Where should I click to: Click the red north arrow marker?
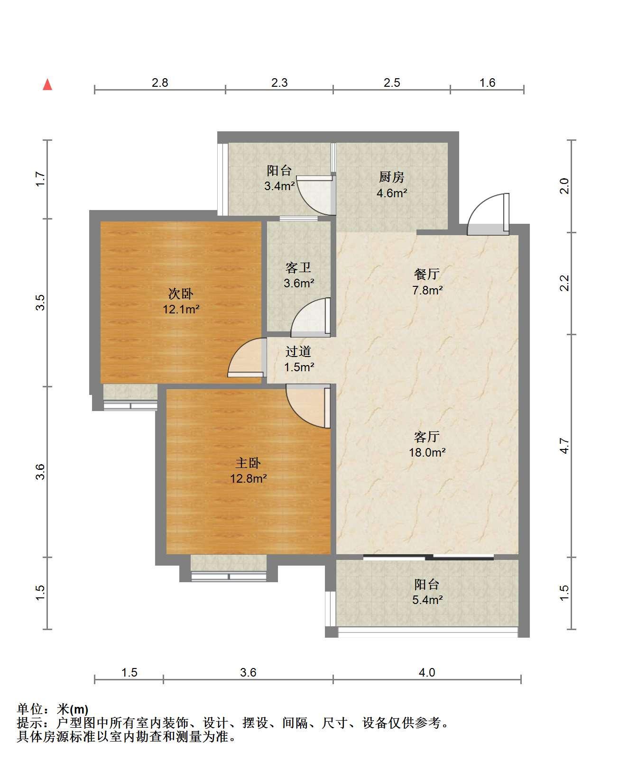(x=47, y=85)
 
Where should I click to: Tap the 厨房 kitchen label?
(x=392, y=177)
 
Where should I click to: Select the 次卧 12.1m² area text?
(x=181, y=309)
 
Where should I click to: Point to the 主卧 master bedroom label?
(x=248, y=463)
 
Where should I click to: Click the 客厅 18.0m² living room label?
(x=427, y=445)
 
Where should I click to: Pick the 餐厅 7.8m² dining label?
(x=427, y=282)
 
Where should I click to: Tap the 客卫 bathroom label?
(x=298, y=268)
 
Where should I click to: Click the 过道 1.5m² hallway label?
(x=299, y=359)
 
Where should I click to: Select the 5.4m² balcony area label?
(x=427, y=600)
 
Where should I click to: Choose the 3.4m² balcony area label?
(x=279, y=186)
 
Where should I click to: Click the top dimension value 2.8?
(x=160, y=83)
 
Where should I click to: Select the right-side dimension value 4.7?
(x=564, y=446)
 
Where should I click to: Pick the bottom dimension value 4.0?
(x=426, y=673)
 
